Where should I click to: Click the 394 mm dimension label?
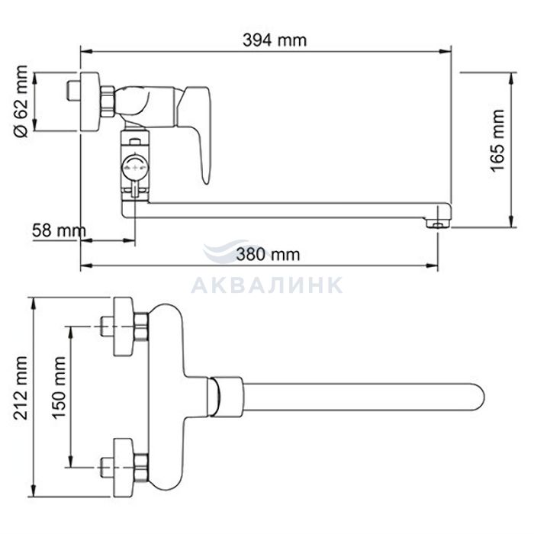[x=275, y=40]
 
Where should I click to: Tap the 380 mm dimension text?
[x=268, y=254]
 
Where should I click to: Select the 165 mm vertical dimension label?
[x=497, y=141]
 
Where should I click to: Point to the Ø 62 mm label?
[x=21, y=101]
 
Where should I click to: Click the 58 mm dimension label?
[x=59, y=230]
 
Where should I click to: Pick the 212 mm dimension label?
[x=21, y=388]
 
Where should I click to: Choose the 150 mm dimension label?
[x=59, y=388]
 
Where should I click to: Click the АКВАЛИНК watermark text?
[x=267, y=285]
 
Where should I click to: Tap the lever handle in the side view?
[x=199, y=133]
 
